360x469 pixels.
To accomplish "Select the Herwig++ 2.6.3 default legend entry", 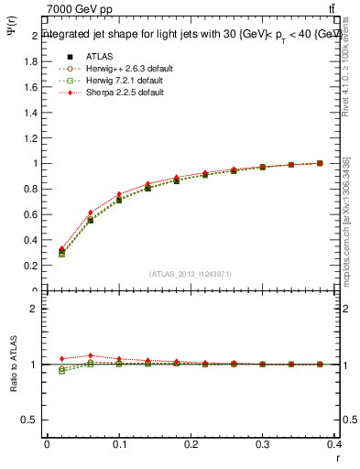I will (x=127, y=67).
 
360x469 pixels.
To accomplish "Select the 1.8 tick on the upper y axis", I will (x=30, y=61).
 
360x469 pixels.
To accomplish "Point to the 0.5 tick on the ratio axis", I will (x=30, y=420).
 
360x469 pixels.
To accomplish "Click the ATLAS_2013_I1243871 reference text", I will (x=191, y=274).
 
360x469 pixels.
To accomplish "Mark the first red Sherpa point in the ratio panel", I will (x=62, y=358).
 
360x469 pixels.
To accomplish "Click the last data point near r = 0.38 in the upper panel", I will (x=320, y=163).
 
